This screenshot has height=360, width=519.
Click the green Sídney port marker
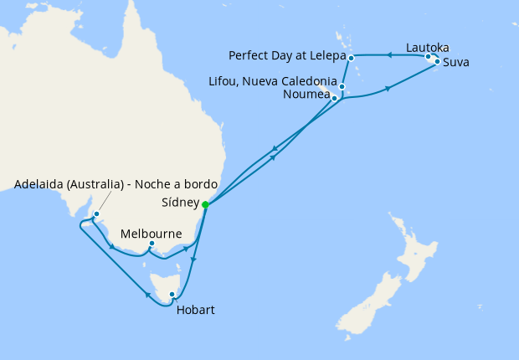(205, 203)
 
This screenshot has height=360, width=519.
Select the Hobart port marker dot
(172, 294)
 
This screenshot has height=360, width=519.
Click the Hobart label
(196, 310)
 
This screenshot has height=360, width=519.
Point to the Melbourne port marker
(151, 244)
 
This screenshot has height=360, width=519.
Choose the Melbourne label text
(152, 233)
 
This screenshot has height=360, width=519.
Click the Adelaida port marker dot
(97, 214)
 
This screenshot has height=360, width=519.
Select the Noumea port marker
(335, 99)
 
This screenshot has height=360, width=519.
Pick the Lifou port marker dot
(342, 87)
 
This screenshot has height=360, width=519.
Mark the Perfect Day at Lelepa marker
(352, 57)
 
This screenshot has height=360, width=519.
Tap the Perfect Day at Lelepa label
(285, 56)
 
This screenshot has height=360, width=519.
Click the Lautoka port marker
(429, 58)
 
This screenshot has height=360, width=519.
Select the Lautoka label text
(431, 47)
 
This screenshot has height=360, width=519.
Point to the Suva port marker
(437, 61)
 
